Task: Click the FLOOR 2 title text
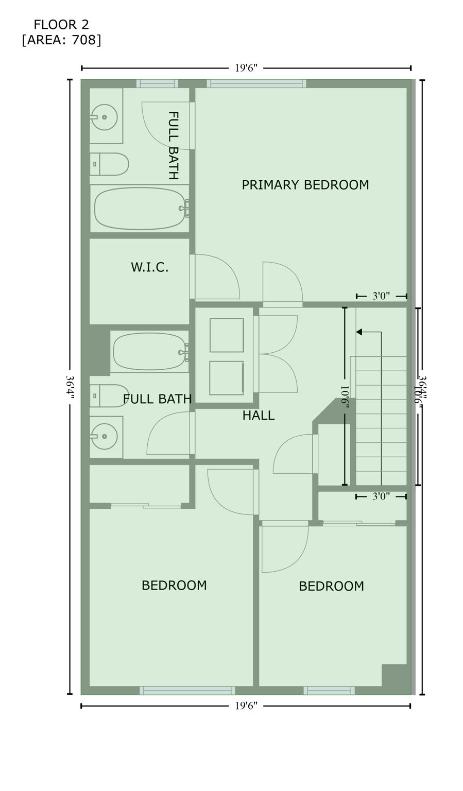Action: pos(61,24)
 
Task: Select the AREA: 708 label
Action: pos(61,40)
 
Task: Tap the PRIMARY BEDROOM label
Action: pos(305,185)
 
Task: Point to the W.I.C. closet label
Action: pos(149,267)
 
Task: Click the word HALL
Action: pos(258,415)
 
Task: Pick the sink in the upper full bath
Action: pos(105,117)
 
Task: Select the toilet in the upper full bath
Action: pos(109,164)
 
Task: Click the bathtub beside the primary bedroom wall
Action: pos(140,208)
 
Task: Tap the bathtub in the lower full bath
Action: pos(149,352)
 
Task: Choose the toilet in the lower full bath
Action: pos(109,395)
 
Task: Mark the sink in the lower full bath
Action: pos(105,436)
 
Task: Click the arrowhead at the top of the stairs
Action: pos(359,332)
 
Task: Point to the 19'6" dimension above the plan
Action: pos(246,68)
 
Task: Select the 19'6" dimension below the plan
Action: pos(246,706)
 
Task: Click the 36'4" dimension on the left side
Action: pos(70,386)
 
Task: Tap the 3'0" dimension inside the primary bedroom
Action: pos(381,296)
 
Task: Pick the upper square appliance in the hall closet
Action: pos(227,335)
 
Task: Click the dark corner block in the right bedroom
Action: pos(394,675)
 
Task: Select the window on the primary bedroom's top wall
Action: pos(256,83)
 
